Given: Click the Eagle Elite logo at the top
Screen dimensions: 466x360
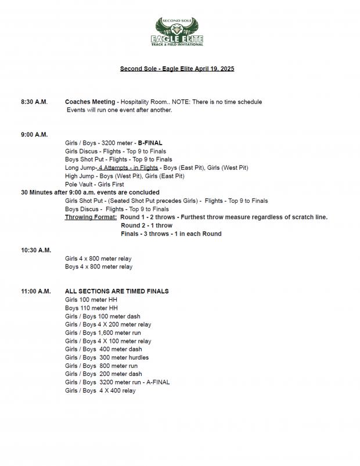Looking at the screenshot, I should [179, 33].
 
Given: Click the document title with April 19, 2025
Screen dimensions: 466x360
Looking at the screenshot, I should [177, 69].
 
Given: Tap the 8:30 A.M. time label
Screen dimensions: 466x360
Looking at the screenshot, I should [34, 102].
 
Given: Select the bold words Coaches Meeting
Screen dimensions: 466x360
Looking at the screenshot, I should [90, 102].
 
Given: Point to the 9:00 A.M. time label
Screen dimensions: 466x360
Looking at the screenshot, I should [34, 134].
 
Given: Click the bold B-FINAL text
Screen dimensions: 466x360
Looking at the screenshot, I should [150, 142].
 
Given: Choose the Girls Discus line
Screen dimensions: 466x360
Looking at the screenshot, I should [116, 151].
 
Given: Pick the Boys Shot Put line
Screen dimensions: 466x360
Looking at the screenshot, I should [118, 159].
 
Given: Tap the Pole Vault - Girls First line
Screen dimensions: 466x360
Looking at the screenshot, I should [95, 184].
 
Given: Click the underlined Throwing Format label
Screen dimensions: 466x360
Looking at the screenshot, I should [91, 217].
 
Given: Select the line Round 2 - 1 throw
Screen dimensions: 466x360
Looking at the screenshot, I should [146, 225].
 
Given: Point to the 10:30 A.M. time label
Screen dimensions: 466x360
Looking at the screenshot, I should [36, 250].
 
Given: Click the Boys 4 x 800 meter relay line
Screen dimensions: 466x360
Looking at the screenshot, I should [99, 267].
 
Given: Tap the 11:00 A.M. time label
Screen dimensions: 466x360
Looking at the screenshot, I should [36, 291].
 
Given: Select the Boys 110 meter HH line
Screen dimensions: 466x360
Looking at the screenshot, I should [91, 308].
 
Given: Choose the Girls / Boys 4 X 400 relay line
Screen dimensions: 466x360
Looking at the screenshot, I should [100, 390].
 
